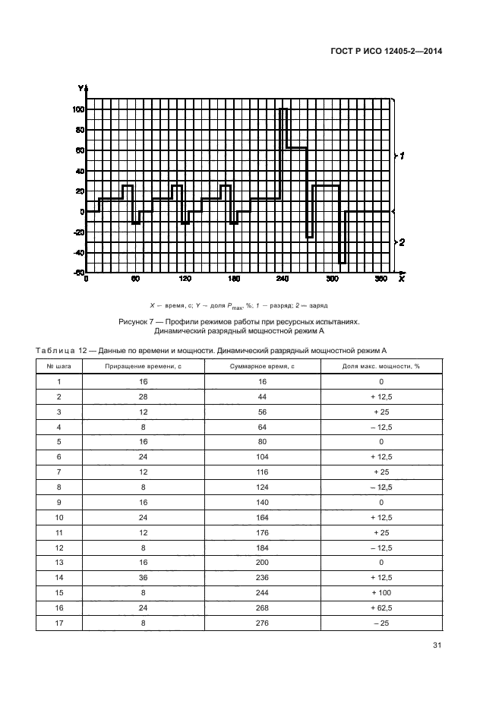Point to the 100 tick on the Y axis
point(78,109)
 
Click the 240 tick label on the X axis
point(283,279)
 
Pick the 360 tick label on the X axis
point(381,279)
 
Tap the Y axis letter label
point(80,89)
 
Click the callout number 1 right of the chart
point(403,155)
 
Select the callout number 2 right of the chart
point(403,242)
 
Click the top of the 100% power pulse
point(283,109)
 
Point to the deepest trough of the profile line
point(342,263)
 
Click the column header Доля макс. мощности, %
point(380,366)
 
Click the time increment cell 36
point(144,573)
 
